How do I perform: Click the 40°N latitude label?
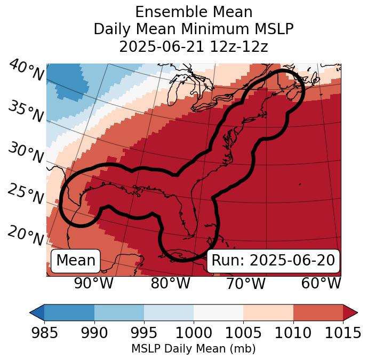pyautogui.click(x=26, y=71)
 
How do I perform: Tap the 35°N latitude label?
pyautogui.click(x=26, y=112)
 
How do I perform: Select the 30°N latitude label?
pyautogui.click(x=26, y=153)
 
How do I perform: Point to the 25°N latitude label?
pyautogui.click(x=26, y=194)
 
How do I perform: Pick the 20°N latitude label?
pyautogui.click(x=26, y=235)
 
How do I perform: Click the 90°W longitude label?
pyautogui.click(x=93, y=284)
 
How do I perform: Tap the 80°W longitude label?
pyautogui.click(x=170, y=284)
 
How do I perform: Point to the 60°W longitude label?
pyautogui.click(x=321, y=284)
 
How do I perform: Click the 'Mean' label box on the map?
pyautogui.click(x=76, y=261)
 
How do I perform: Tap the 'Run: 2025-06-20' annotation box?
pyautogui.click(x=273, y=261)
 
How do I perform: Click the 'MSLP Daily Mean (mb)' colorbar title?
pyautogui.click(x=193, y=349)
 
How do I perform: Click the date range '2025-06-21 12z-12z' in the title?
pyautogui.click(x=193, y=46)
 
